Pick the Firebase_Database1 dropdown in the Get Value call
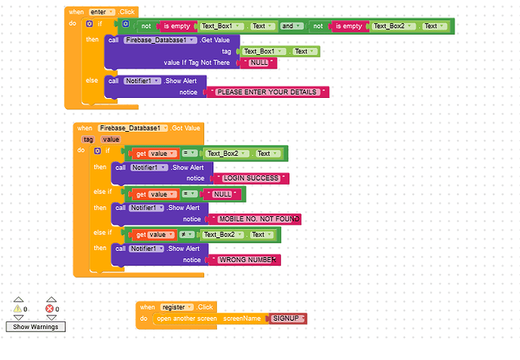tap(160, 39)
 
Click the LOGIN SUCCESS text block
tap(251, 178)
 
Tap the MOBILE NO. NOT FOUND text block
tap(258, 219)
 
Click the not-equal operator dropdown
tap(185, 235)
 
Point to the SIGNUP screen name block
tap(286, 319)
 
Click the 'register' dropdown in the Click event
tap(176, 307)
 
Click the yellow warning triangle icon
tap(17, 308)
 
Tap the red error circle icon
tap(50, 308)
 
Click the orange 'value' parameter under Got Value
tap(111, 139)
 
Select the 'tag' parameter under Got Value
tap(88, 139)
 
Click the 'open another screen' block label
tap(186, 319)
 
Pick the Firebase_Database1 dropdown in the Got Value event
tap(133, 129)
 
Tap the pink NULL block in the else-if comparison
tap(223, 194)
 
